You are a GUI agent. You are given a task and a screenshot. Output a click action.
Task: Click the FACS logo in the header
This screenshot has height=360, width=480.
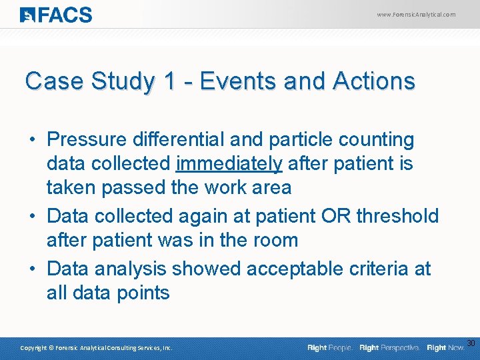pos(56,15)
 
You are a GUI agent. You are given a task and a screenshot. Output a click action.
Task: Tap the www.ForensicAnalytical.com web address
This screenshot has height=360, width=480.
pos(416,14)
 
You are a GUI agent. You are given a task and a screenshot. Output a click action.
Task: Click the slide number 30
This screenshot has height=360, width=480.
pos(471,343)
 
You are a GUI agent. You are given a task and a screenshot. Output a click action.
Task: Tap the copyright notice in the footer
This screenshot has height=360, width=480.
pos(96,348)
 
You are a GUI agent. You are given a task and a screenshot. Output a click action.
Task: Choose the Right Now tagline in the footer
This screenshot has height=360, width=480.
pos(446,348)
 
